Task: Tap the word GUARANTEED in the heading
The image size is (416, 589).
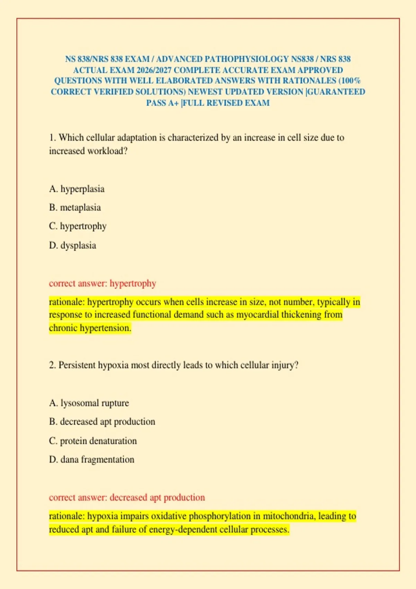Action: coord(336,92)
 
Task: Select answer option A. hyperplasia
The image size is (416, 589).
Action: coord(77,189)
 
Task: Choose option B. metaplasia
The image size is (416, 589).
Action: coord(75,208)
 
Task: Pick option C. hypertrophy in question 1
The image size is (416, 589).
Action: coord(78,226)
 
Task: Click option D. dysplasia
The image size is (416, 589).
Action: coord(72,246)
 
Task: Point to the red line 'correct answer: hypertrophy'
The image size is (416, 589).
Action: coord(102,283)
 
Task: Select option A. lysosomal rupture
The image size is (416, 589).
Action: coord(89,403)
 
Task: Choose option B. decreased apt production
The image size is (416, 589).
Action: coord(102,422)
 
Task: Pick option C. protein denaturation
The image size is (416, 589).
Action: coord(93,441)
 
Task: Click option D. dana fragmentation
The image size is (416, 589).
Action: coord(92,460)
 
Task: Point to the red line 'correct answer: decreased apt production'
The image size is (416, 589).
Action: coord(127,498)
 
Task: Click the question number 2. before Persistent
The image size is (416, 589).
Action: coord(52,366)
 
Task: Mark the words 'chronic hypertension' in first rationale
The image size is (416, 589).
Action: coord(90,328)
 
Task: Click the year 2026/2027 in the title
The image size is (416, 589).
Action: coord(154,70)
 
